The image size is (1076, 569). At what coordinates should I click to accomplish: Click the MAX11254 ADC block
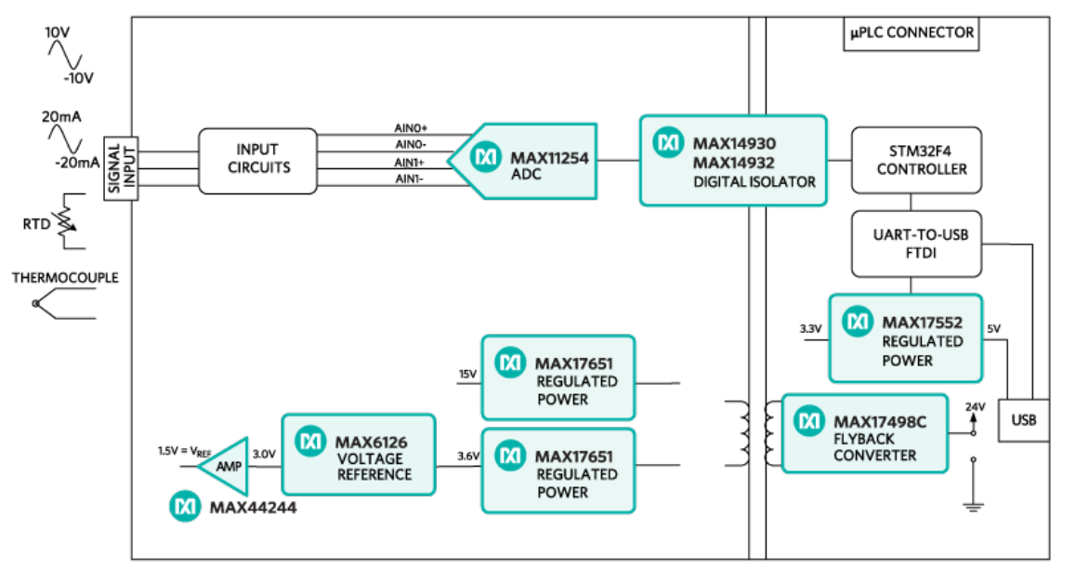530,160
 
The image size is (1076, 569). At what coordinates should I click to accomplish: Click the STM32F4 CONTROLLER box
909,160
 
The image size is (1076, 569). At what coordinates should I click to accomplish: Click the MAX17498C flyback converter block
864,432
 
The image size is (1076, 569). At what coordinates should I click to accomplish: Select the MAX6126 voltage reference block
359,454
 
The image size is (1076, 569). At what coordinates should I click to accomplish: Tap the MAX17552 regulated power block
906,337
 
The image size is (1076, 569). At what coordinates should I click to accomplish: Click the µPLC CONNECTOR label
911,33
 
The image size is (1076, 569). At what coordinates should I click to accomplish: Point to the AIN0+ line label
411,128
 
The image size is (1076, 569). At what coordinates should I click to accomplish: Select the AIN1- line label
411,179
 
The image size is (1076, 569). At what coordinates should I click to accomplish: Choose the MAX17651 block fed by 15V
558,377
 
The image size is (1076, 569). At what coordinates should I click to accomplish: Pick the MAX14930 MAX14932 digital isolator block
732,160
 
